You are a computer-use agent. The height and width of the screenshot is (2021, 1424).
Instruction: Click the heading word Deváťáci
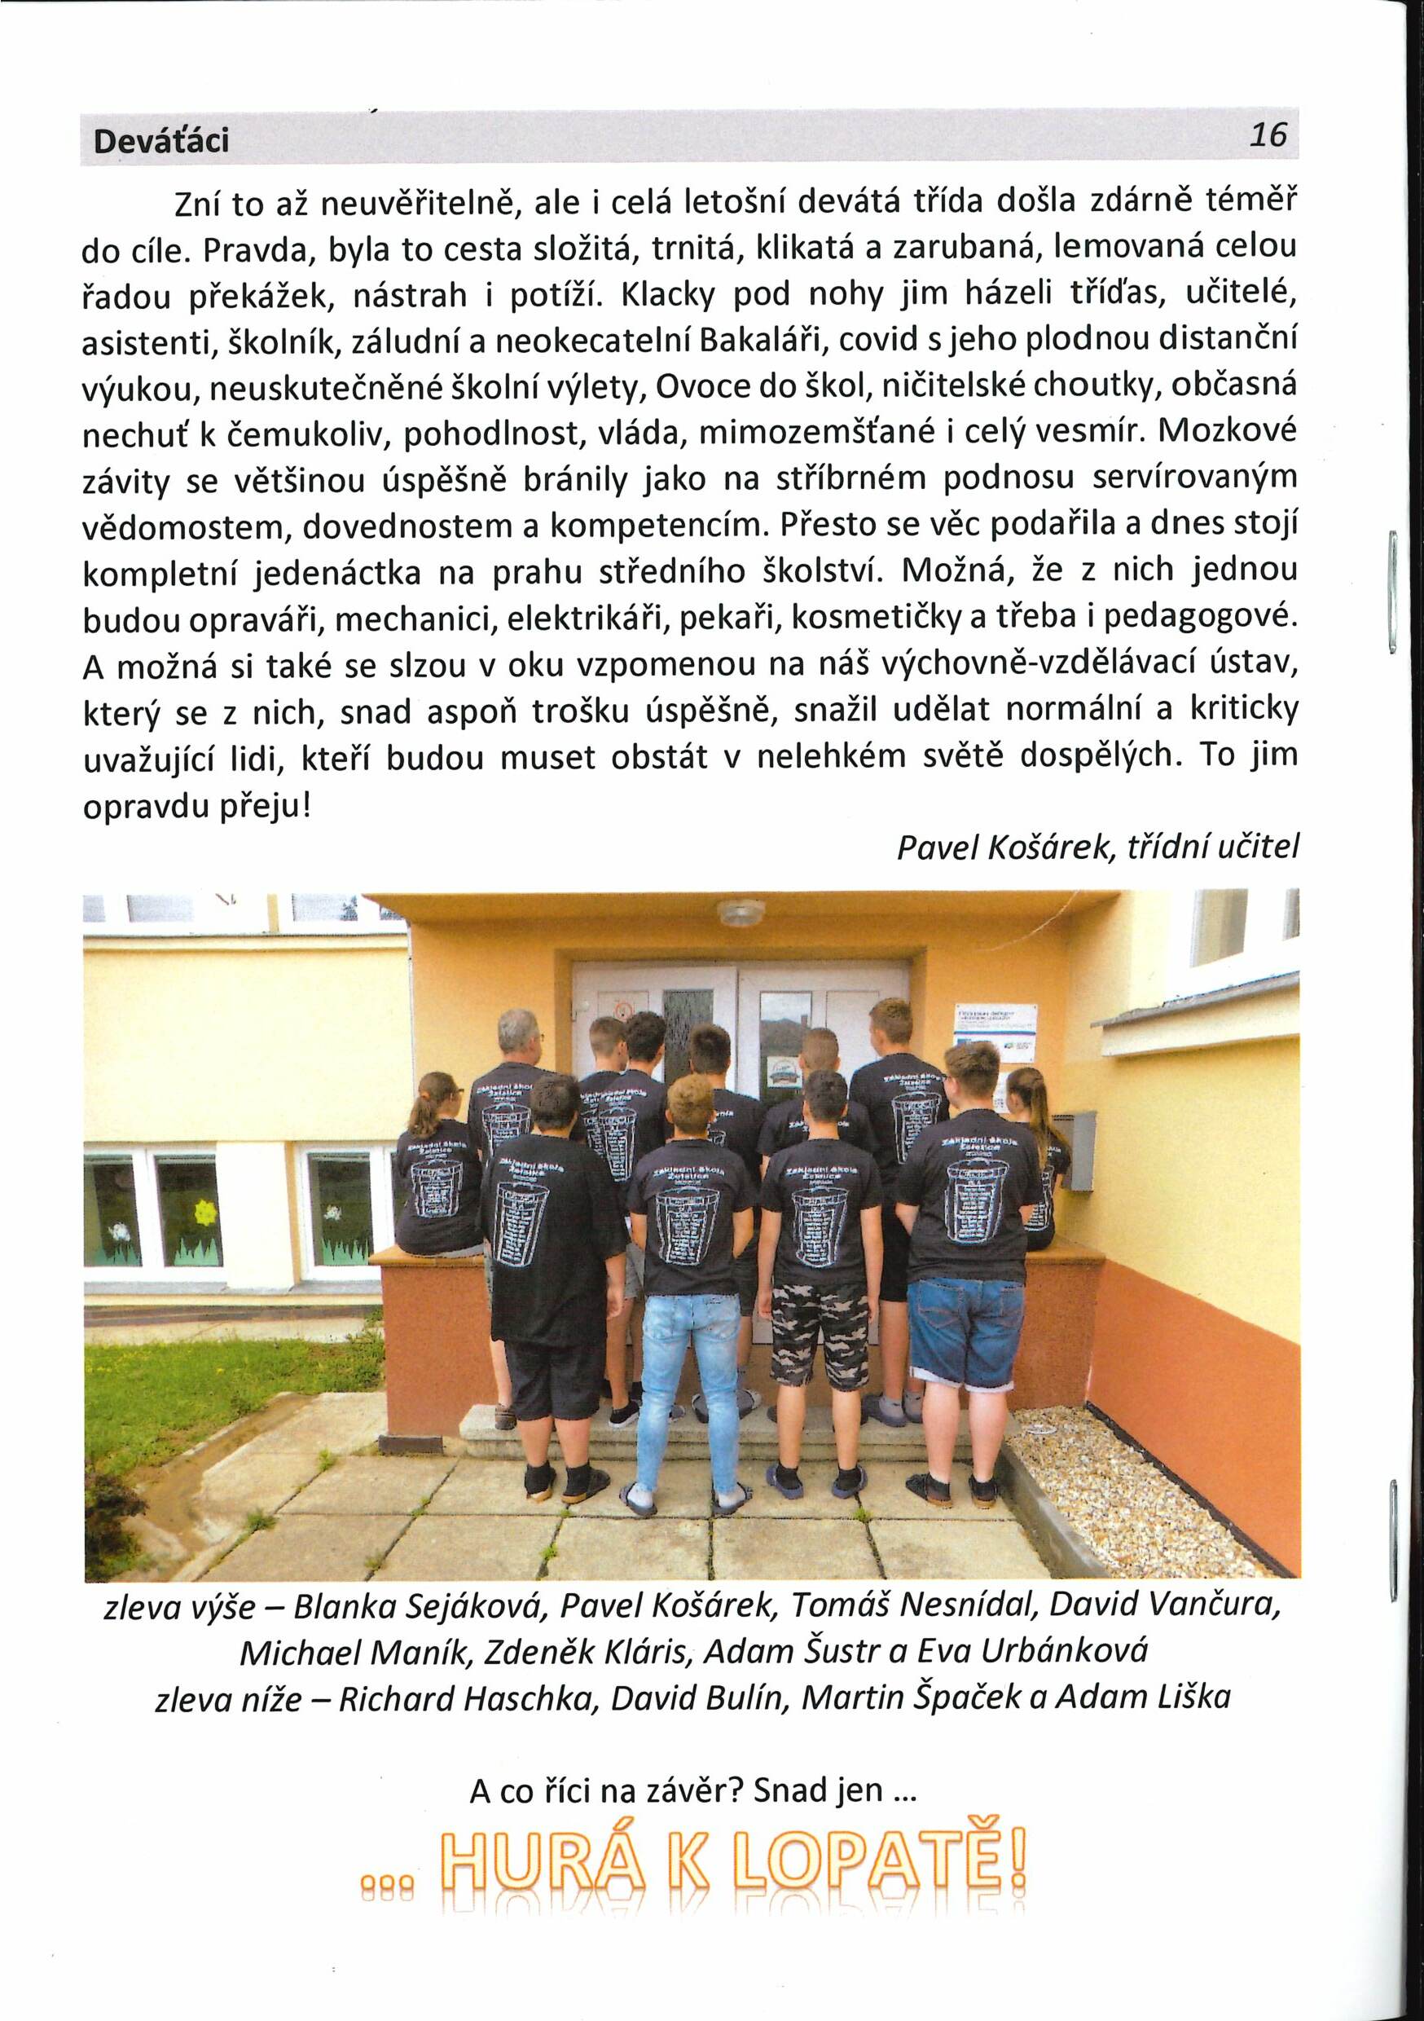pos(161,140)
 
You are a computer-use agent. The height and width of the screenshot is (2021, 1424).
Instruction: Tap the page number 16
pos(1268,134)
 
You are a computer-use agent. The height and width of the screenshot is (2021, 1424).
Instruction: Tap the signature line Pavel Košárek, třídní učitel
pos(1097,847)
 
